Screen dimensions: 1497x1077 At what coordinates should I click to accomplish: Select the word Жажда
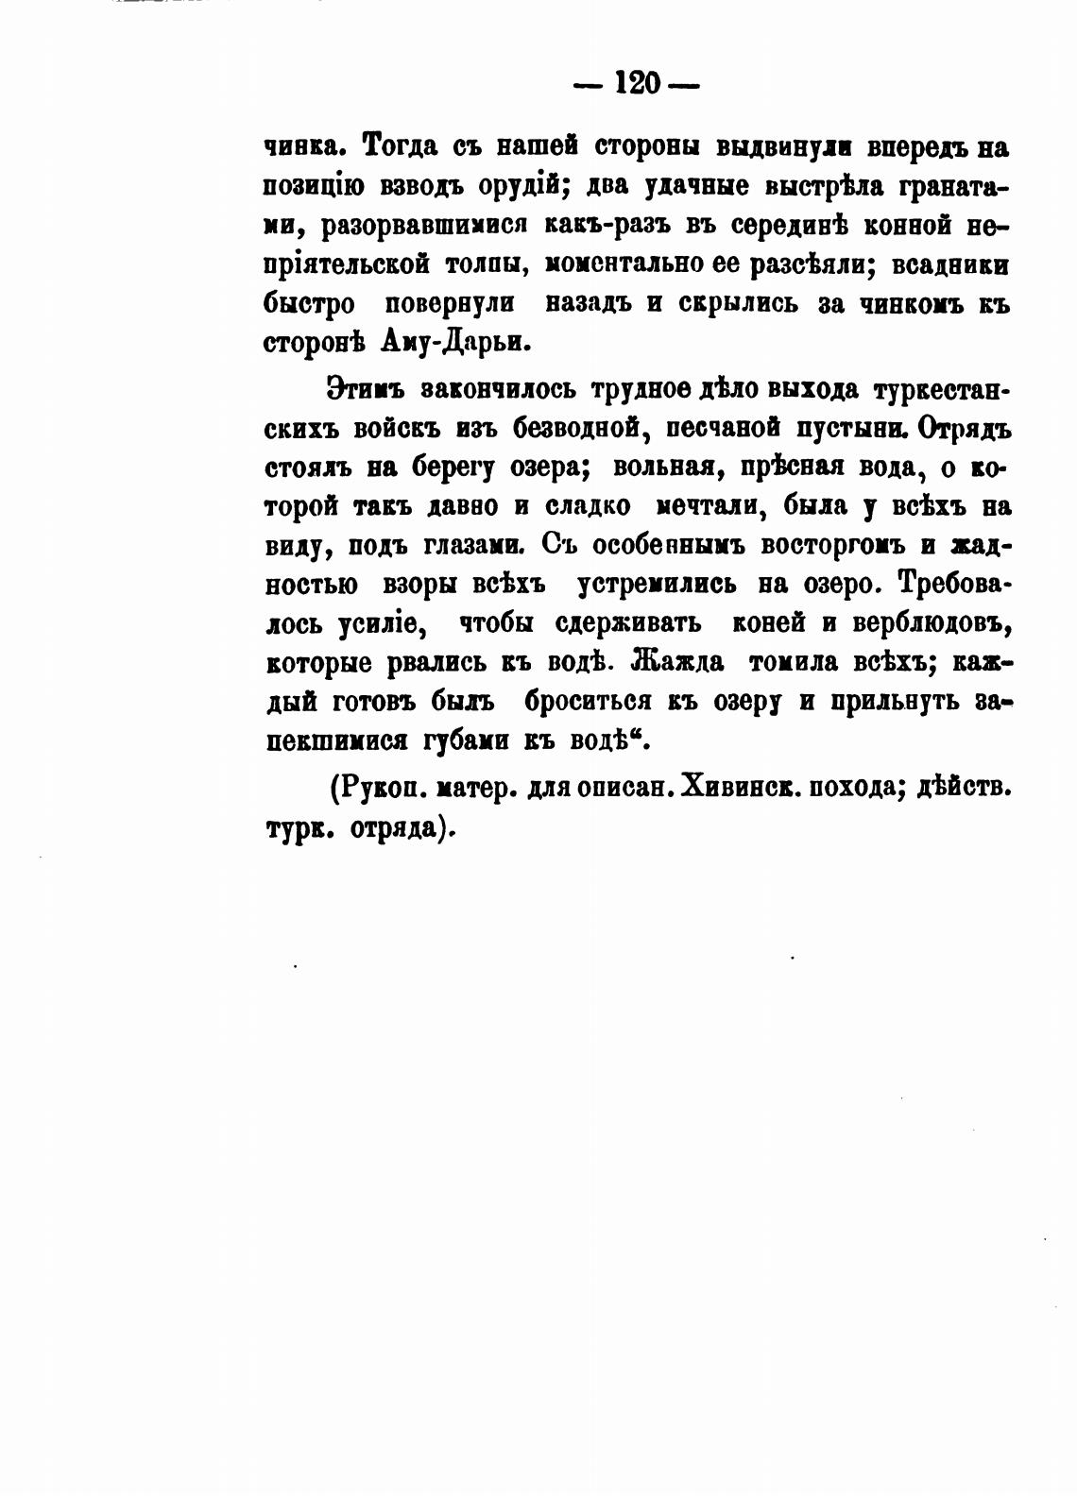click(678, 662)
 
